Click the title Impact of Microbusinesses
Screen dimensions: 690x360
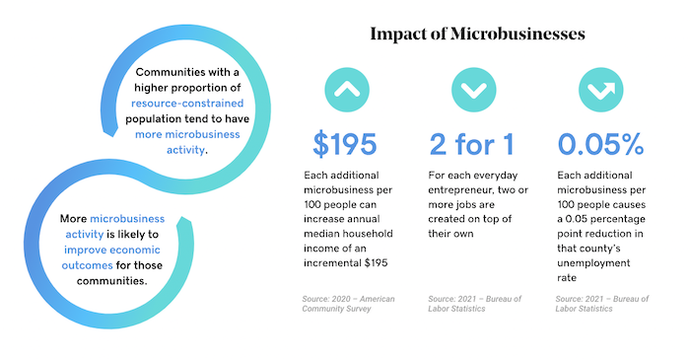click(477, 34)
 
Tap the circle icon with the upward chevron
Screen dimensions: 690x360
click(347, 90)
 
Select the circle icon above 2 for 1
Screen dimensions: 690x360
click(474, 90)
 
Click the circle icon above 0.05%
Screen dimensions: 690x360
click(600, 90)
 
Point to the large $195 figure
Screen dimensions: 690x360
click(345, 144)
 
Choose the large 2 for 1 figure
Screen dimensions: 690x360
click(471, 144)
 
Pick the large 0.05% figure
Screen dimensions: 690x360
click(600, 144)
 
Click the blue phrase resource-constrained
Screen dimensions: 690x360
click(187, 103)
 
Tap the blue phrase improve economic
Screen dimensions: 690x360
click(112, 250)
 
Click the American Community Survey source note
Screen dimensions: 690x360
click(348, 304)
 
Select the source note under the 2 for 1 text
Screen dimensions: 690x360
click(474, 304)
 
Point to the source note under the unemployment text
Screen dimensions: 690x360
click(601, 304)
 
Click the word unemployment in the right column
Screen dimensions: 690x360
click(593, 263)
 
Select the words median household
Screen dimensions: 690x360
click(348, 234)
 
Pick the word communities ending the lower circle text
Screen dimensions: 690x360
click(111, 281)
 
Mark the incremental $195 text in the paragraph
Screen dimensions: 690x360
click(345, 263)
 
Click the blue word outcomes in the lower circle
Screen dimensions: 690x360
click(87, 265)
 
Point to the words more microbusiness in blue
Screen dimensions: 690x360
click(187, 134)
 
